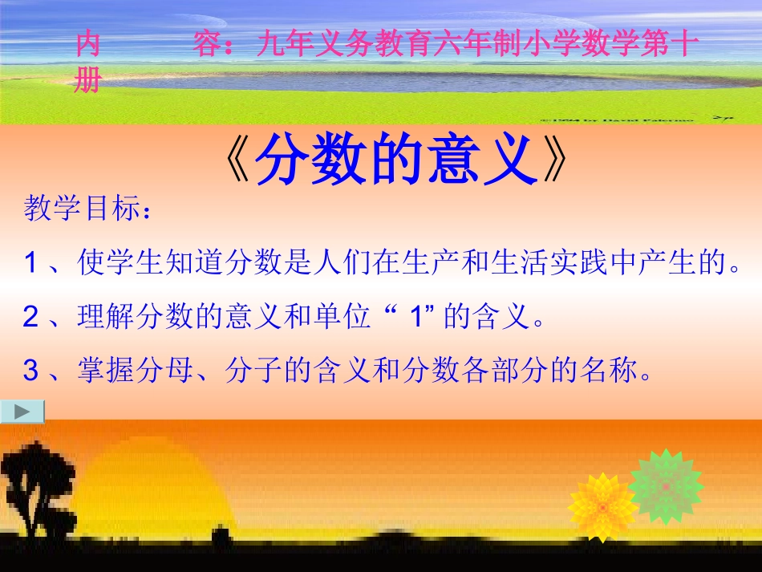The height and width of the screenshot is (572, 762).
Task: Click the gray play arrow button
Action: pyautogui.click(x=22, y=412)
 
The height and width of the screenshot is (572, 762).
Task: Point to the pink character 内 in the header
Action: pyautogui.click(x=87, y=45)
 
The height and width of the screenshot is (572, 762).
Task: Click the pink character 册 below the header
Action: pyautogui.click(x=87, y=80)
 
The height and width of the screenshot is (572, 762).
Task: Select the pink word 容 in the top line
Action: pyautogui.click(x=207, y=45)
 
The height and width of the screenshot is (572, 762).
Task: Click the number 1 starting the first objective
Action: pyautogui.click(x=31, y=263)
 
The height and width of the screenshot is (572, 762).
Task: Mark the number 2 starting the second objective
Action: pyautogui.click(x=31, y=318)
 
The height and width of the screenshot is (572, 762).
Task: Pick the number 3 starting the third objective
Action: pyautogui.click(x=31, y=371)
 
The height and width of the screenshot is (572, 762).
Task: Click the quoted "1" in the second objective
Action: pyautogui.click(x=415, y=318)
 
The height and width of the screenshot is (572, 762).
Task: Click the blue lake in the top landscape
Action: pyautogui.click(x=401, y=80)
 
